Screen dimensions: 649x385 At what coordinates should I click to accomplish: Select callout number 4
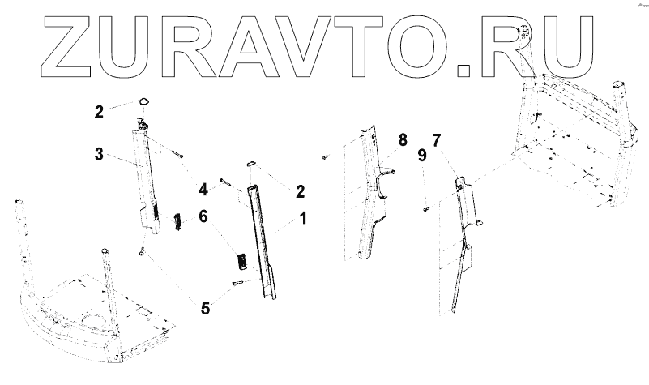pos(204,190)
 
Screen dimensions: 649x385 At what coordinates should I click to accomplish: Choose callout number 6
pos(203,217)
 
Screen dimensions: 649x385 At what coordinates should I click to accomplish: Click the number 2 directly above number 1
pos(300,191)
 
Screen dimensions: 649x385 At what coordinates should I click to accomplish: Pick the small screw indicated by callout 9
pos(425,210)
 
